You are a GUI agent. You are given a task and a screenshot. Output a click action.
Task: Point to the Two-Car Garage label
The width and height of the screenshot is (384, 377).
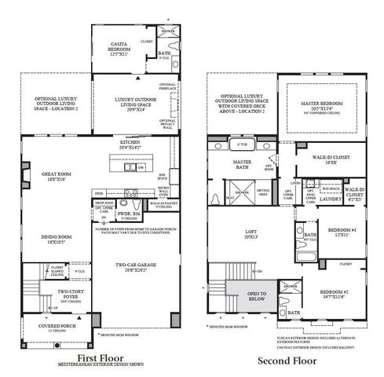[133, 268]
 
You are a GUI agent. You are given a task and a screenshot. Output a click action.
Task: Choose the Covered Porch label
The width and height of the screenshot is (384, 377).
[46, 324]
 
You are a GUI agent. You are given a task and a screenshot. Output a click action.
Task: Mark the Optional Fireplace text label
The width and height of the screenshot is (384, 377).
[169, 86]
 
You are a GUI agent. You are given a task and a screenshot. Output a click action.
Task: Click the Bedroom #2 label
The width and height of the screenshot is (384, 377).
[335, 295]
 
